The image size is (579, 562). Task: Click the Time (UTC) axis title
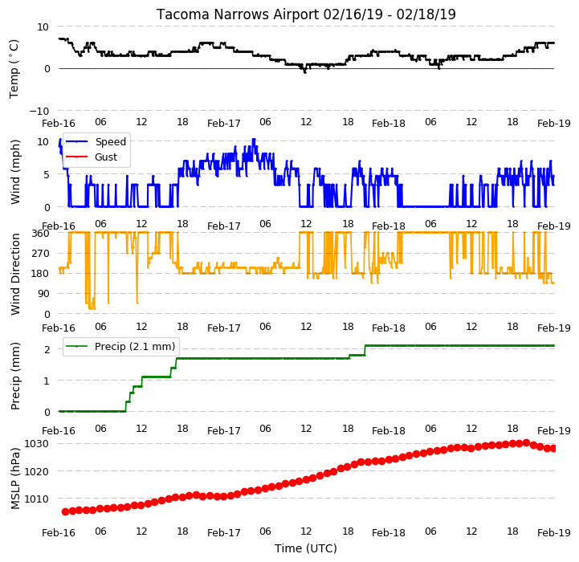[306, 548]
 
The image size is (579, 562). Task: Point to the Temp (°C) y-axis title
[14, 69]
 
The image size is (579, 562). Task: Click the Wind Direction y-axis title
[14, 274]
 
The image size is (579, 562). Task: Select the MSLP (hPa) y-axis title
[14, 479]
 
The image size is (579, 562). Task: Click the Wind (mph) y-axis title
[14, 172]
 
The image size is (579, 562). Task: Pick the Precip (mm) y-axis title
[14, 376]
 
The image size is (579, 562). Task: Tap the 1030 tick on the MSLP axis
[36, 443]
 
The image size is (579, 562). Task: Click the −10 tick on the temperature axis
[39, 111]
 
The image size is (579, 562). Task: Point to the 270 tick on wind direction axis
[41, 254]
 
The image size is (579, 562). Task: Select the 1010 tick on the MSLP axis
[36, 499]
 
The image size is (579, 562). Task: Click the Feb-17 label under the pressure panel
[224, 533]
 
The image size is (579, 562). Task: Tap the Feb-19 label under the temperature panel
[554, 124]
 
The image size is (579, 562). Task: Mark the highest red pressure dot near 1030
[526, 442]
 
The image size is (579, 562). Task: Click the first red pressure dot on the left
[65, 511]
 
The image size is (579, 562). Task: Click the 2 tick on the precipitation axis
[47, 349]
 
